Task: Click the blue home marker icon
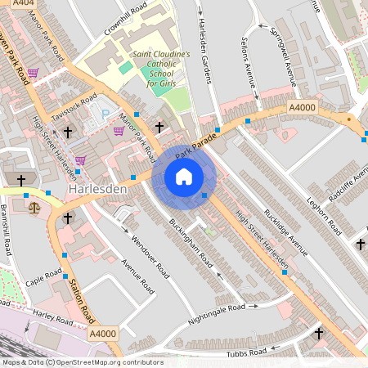coord(184,177)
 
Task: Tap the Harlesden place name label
coord(97,190)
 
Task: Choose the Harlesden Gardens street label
coord(204,51)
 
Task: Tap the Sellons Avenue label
coord(263,56)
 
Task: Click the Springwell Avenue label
coord(292,53)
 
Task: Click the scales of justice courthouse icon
coord(34,209)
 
